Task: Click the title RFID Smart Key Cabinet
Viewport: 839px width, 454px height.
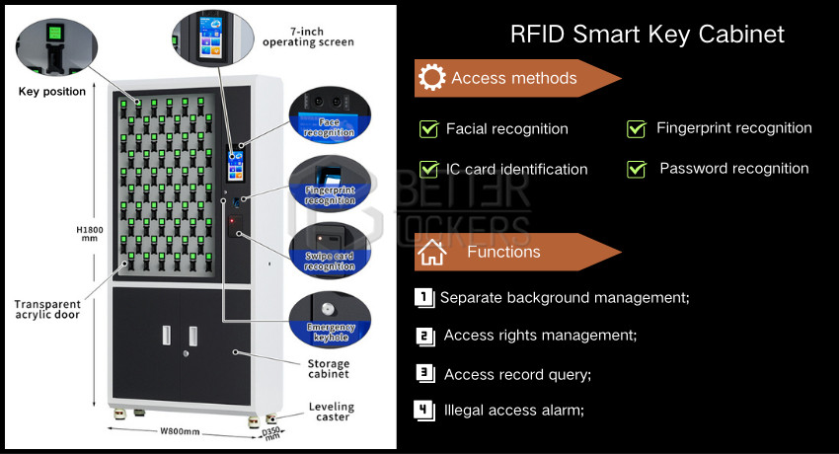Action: [x=647, y=35]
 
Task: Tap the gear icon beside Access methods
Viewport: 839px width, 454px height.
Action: [x=431, y=78]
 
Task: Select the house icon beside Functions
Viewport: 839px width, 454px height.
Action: [x=431, y=253]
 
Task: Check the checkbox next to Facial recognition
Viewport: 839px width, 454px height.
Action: [x=428, y=129]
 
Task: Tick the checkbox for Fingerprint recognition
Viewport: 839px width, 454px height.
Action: [x=637, y=129]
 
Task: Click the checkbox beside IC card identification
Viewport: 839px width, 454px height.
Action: [x=428, y=169]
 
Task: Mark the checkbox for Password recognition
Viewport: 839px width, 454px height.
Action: [x=637, y=169]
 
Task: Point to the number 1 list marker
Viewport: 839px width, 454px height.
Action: [x=424, y=297]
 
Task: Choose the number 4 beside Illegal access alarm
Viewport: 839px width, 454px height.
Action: [x=424, y=411]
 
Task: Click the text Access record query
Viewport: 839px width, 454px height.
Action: [x=517, y=374]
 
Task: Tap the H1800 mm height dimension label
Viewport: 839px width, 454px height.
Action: [x=90, y=233]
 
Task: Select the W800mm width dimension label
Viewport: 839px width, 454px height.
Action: [x=180, y=431]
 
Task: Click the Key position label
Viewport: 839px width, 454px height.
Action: [x=52, y=92]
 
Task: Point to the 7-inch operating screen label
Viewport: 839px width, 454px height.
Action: [x=308, y=37]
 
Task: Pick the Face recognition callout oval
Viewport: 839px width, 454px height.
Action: [x=330, y=114]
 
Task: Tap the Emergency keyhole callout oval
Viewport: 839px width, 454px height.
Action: [x=330, y=319]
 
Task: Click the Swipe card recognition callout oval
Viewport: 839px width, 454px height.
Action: [x=330, y=251]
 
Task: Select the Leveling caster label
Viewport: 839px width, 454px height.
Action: [x=332, y=412]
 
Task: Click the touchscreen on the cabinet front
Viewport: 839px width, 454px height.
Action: [x=236, y=165]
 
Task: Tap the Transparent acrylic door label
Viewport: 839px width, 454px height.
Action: [x=47, y=310]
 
